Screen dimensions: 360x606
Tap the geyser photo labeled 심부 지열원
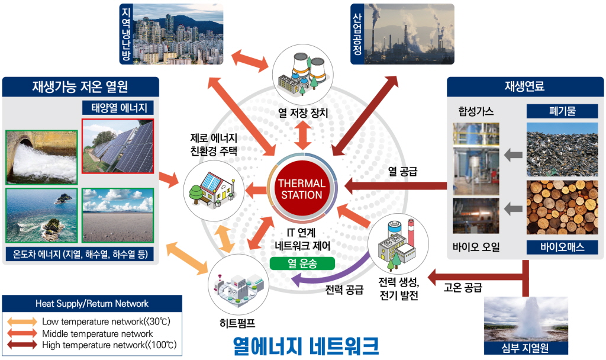coord(526,319)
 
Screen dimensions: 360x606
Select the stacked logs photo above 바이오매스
coord(562,207)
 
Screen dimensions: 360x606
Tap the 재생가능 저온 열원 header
coord(80,87)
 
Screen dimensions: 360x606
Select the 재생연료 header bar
coord(524,86)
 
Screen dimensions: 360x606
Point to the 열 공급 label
coord(403,172)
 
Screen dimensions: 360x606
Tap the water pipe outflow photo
coord(41,157)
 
